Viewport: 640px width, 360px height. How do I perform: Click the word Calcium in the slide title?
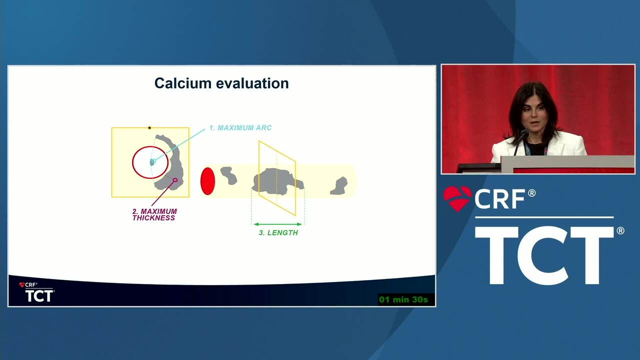(x=183, y=83)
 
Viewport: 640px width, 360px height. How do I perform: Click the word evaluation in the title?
(x=252, y=83)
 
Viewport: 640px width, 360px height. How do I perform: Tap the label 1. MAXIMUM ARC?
(x=240, y=127)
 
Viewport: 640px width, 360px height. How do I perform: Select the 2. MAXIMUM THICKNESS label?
(x=154, y=214)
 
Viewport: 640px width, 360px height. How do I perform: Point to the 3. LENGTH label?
(x=278, y=233)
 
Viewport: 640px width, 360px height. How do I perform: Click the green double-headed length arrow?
(x=277, y=224)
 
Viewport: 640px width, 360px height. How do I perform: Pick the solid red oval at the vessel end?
(x=207, y=181)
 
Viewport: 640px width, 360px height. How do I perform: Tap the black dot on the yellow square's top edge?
(x=149, y=127)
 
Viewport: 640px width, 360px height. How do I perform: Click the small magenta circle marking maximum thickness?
(x=175, y=180)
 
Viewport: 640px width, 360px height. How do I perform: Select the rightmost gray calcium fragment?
(x=339, y=186)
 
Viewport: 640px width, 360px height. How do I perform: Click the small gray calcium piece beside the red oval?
(x=228, y=175)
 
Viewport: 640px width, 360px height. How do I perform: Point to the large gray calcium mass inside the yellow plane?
(x=277, y=181)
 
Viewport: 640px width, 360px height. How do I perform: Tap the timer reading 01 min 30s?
(x=403, y=299)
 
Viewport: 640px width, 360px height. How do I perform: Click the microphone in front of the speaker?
(x=524, y=133)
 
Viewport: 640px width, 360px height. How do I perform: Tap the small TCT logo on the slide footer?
(x=39, y=295)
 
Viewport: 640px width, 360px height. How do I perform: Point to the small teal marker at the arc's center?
(x=153, y=162)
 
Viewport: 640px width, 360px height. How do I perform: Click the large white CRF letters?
(x=500, y=199)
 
